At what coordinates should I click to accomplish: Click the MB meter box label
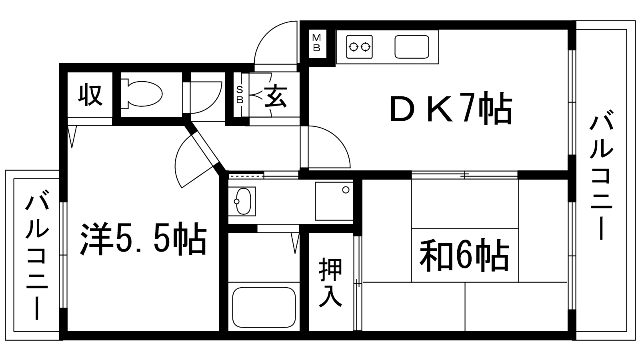coord(316,43)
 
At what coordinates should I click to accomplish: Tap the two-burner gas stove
coord(360,47)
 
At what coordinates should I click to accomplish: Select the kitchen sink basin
coord(412,47)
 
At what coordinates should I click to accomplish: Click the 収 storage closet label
coord(90,94)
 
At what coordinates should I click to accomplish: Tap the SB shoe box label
coord(240,95)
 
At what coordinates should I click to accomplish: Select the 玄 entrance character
coord(275,96)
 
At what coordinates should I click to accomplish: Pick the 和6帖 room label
coord(464,255)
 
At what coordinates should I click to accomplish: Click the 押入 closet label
coord(330,282)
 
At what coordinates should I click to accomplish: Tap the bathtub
coord(264,307)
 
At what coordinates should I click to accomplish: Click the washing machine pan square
coord(334,201)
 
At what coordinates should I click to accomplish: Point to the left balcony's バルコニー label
coord(37,257)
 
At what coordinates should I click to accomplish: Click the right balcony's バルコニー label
coord(602,177)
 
